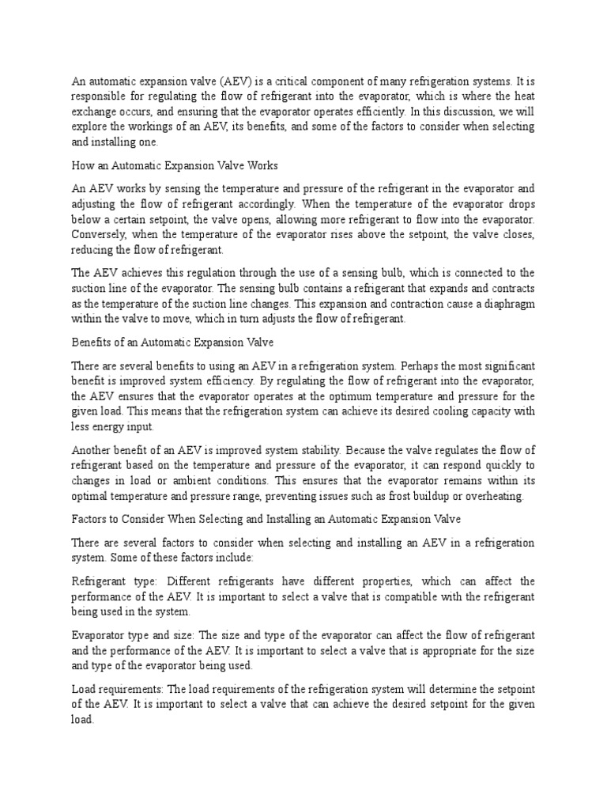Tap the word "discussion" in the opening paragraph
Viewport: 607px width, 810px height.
coord(451,112)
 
